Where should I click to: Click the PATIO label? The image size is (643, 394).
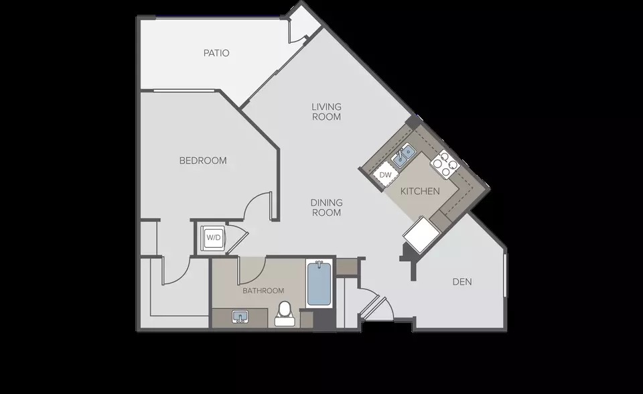tap(216, 53)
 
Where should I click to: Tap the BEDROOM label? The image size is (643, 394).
tap(203, 160)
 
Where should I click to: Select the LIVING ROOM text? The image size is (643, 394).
tap(326, 112)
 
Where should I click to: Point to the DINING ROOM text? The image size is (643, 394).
tap(326, 207)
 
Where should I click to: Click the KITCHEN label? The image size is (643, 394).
tap(420, 191)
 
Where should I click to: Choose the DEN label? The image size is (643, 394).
tap(462, 281)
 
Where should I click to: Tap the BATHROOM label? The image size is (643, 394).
tap(263, 291)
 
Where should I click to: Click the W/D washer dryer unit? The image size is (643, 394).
tap(213, 237)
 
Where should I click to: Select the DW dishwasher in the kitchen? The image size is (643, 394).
tap(386, 175)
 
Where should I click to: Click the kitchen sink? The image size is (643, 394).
tap(403, 156)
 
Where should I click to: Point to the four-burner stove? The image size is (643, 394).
tap(445, 165)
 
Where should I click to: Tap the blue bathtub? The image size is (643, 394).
tap(319, 283)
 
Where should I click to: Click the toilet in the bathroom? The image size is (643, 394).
tap(285, 314)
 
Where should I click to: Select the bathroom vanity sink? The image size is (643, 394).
tap(240, 317)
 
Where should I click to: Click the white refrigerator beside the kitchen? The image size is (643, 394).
tap(421, 234)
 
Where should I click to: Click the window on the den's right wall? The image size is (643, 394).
tap(504, 275)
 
